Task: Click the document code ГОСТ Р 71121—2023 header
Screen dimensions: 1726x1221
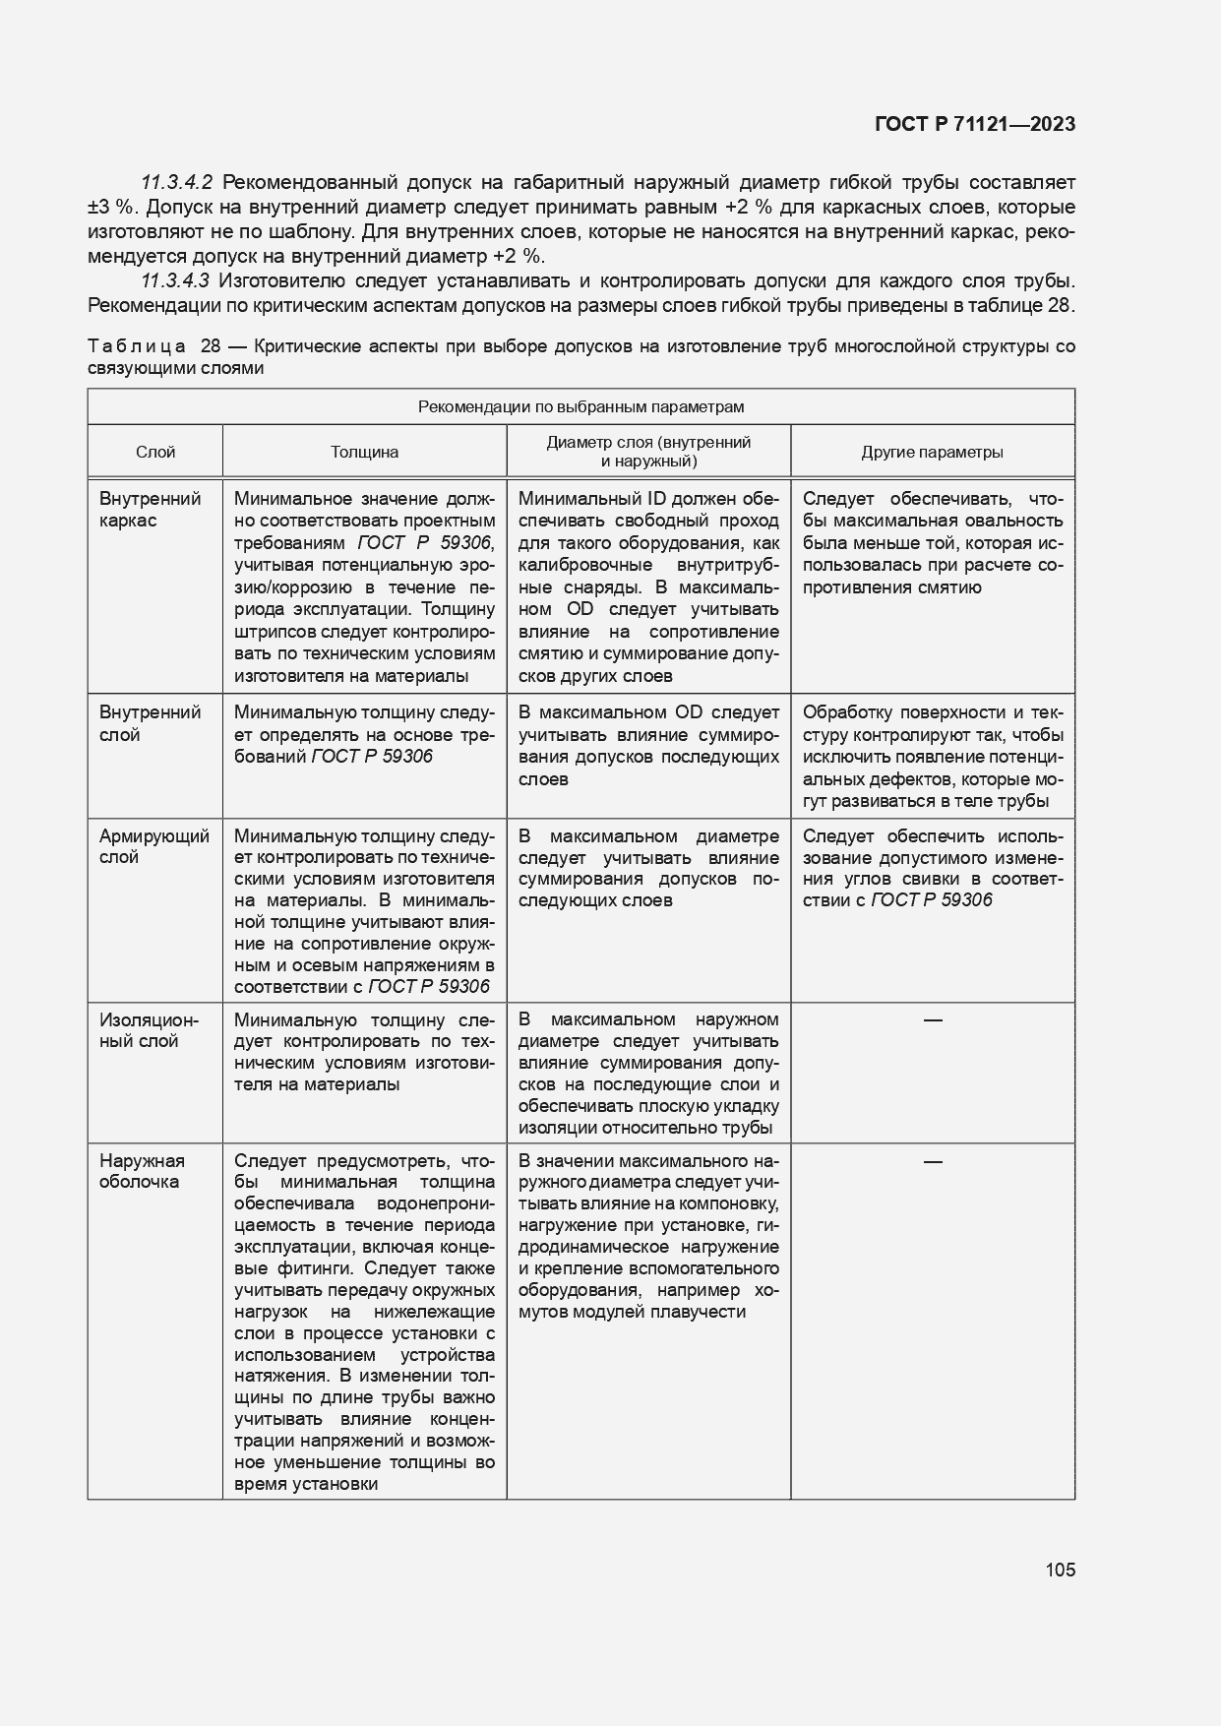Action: [x=973, y=124]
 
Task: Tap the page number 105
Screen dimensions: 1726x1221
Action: [x=1060, y=1570]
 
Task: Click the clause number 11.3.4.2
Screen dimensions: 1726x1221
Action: [x=177, y=183]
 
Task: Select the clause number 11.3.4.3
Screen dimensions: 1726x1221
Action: [x=177, y=280]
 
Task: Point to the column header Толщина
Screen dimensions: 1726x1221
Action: [x=364, y=453]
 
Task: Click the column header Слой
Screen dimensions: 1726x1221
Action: [x=155, y=453]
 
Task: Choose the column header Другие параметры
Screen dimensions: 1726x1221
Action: [x=932, y=453]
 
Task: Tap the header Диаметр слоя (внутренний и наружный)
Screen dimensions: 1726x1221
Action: [x=648, y=452]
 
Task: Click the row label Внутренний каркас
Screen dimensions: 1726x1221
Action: [x=150, y=510]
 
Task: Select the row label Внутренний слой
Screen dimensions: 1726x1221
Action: [x=150, y=723]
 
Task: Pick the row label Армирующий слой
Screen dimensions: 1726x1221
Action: [x=153, y=846]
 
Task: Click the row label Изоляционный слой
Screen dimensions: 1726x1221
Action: [x=149, y=1030]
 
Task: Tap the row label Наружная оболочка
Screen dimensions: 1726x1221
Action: [x=142, y=1171]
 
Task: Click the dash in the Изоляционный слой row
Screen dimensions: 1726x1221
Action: [x=933, y=1020]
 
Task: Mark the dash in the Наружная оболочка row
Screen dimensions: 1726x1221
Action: [x=933, y=1162]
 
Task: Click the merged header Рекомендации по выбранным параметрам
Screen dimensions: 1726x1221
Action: [x=580, y=407]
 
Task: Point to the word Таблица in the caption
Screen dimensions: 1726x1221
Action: [x=137, y=347]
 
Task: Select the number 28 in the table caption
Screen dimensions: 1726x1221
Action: [x=211, y=347]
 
